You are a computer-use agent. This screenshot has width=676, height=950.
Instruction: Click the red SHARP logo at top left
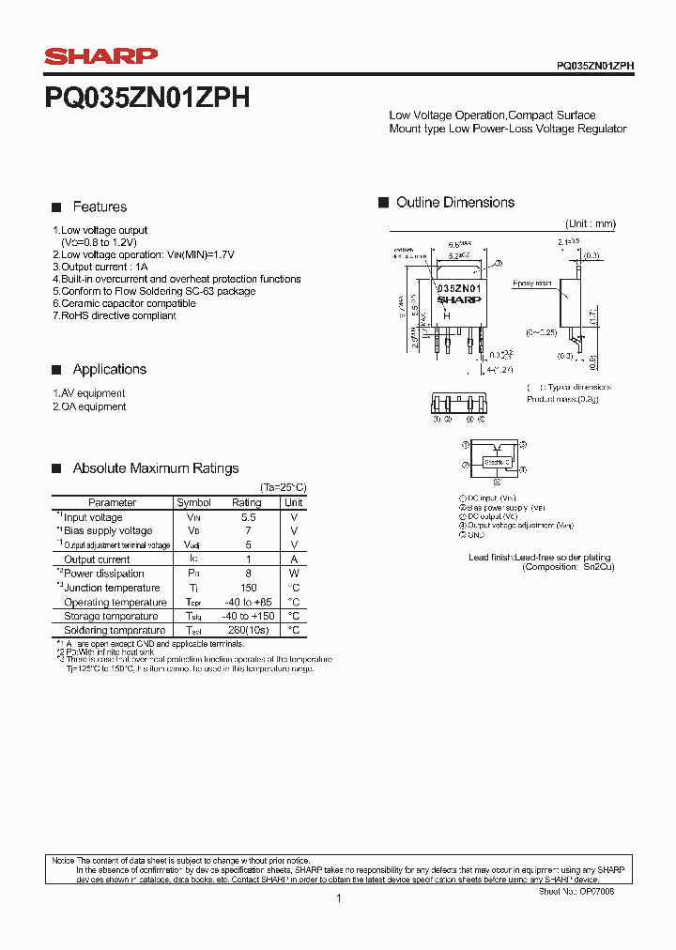100,57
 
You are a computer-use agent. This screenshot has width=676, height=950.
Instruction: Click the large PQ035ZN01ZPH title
146,99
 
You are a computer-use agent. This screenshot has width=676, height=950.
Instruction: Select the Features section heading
100,207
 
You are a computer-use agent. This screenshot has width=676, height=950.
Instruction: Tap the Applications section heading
109,369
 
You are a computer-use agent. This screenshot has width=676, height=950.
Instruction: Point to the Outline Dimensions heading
455,203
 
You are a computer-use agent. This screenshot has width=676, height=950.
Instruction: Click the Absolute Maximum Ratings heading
156,468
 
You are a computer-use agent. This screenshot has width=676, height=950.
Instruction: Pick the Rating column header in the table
247,502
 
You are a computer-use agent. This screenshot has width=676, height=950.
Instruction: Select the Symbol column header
193,502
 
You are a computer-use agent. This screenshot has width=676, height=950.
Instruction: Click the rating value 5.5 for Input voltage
249,517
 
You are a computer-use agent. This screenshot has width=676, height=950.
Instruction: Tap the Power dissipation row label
103,574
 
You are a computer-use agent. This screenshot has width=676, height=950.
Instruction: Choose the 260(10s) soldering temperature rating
249,630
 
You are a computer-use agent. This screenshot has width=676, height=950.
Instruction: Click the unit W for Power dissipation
294,574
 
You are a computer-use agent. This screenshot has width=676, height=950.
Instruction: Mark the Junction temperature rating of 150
248,588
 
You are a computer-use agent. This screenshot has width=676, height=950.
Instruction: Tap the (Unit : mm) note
590,223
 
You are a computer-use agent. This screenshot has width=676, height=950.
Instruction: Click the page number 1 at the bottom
338,898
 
